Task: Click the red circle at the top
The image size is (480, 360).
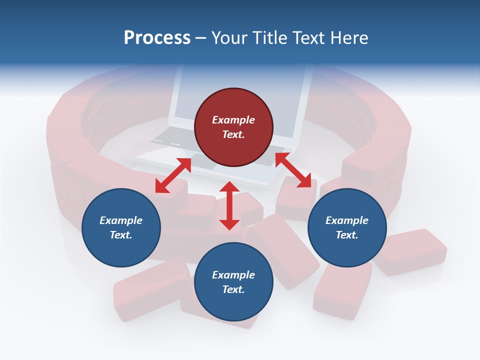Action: click(233, 127)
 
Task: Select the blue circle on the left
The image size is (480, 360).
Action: click(121, 227)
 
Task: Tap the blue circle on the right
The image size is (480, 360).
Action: click(347, 227)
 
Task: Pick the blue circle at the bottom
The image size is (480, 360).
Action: click(233, 282)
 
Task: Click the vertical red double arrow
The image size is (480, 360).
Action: click(229, 205)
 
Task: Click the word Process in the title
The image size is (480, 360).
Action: click(157, 37)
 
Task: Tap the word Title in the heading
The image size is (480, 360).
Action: click(270, 37)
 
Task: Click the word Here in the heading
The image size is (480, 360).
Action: click(348, 37)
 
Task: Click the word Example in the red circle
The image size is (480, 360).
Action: click(233, 120)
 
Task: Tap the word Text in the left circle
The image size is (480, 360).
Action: click(121, 235)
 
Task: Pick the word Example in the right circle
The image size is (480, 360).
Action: click(347, 220)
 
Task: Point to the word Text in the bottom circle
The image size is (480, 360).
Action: click(233, 289)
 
